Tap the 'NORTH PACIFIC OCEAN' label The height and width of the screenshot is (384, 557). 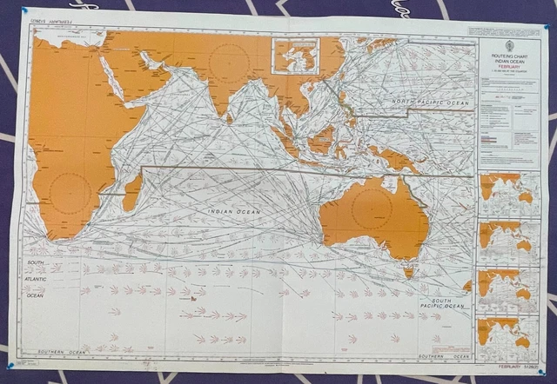coord(430,103)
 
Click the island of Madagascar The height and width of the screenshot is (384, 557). coord(131,192)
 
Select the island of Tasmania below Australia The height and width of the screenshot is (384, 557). coord(407,272)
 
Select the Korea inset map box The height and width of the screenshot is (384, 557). coord(296,55)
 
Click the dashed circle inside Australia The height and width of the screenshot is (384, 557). coord(372,209)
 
